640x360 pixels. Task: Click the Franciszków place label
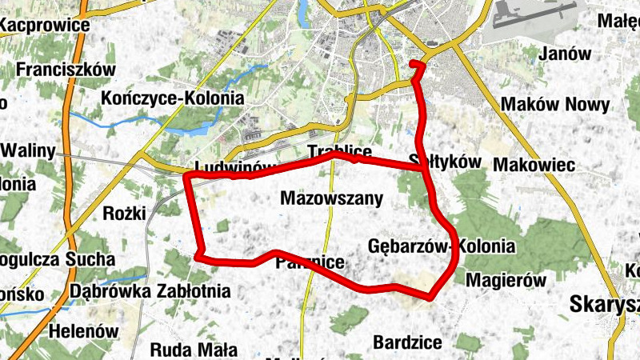coord(66,70)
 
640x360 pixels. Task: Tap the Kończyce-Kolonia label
coord(173,98)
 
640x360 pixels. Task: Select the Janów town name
coord(566,54)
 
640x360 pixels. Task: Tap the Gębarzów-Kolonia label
coord(442,246)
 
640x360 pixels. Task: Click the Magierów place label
coord(505,281)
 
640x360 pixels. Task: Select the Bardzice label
coord(407,342)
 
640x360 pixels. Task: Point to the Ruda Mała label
coord(194,350)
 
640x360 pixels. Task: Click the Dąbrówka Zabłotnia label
coord(150,290)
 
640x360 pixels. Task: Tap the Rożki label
coord(125,214)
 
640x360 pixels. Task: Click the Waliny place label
coord(30,151)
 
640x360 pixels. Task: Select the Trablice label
coord(340,151)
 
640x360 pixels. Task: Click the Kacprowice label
coord(44,25)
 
